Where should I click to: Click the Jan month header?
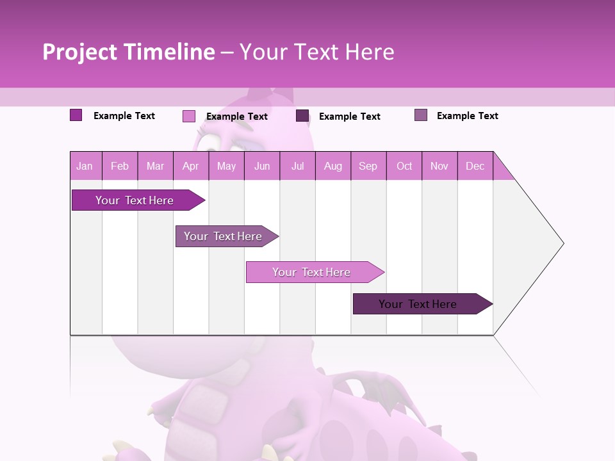(85, 166)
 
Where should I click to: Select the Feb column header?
(120, 166)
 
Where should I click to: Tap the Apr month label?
(190, 166)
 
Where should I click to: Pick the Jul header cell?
(297, 166)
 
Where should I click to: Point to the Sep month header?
(368, 166)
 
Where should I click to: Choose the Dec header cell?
(475, 166)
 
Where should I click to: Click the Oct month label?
(404, 166)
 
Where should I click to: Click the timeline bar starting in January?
(135, 200)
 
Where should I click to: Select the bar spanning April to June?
(224, 236)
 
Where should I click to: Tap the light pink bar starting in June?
(311, 272)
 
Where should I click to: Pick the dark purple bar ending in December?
(418, 304)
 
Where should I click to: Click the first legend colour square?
(76, 115)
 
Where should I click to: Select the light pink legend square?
(189, 116)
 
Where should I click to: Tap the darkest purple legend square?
(302, 116)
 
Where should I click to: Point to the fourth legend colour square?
(421, 115)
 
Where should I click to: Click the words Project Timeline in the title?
(129, 52)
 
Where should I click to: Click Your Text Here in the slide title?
(316, 52)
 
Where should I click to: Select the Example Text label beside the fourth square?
(467, 116)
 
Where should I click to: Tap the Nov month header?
(439, 166)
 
